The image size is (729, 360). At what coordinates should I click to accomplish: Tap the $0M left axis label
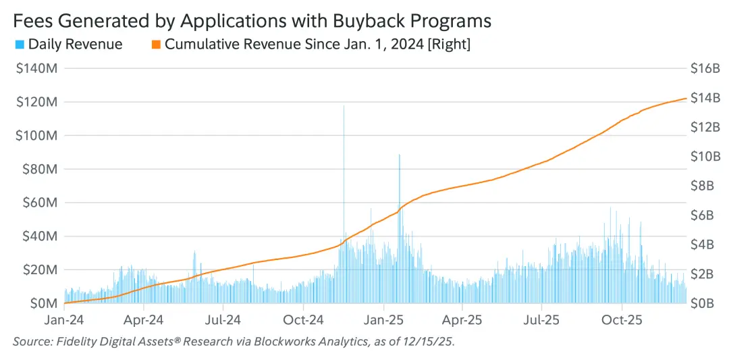coord(42,303)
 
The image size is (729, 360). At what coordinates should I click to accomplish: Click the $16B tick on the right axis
coord(705,69)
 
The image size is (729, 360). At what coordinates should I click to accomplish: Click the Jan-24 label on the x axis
coord(64,319)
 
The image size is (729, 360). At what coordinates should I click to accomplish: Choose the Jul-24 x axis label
coord(224,319)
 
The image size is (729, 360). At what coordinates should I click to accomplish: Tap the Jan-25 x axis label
coord(383,319)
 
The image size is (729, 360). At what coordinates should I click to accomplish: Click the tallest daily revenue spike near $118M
coord(344,107)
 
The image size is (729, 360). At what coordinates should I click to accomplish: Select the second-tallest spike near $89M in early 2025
coord(400,155)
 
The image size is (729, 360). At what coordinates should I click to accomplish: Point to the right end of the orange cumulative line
coord(686,99)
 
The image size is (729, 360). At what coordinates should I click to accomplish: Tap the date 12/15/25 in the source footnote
coord(430,342)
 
